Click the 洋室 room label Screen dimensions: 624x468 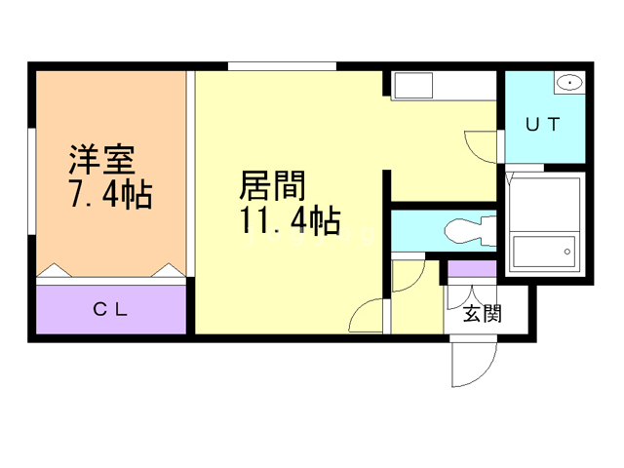[101, 159]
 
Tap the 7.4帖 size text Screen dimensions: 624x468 [111, 195]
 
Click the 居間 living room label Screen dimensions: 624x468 [272, 186]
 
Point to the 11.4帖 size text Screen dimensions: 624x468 [290, 220]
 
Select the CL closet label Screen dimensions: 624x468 [110, 309]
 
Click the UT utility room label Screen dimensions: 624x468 [543, 125]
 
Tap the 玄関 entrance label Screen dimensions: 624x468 [482, 314]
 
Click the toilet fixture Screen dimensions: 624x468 [470, 230]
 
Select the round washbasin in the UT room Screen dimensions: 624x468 [569, 83]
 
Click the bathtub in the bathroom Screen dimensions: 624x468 [544, 252]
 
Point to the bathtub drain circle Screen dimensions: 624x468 [567, 252]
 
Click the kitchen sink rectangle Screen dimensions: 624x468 [413, 86]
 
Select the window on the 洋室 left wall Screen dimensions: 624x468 [32, 181]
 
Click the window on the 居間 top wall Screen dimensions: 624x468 [282, 66]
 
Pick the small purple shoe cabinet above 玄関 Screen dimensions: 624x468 [472, 269]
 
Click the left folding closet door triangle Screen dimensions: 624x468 [55, 270]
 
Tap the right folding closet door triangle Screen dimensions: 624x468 [169, 270]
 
